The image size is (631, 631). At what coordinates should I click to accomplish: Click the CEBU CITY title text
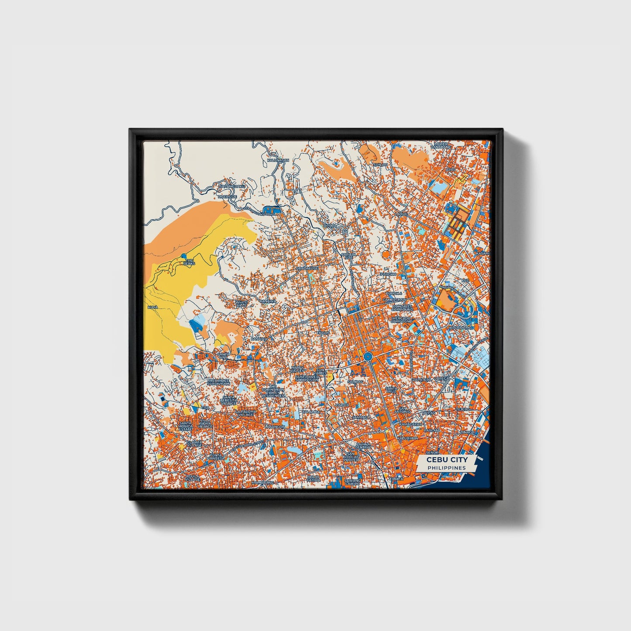pos(447,460)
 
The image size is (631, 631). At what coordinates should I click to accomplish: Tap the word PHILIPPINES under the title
pos(447,468)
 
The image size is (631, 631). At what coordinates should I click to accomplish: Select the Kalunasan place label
pos(278,160)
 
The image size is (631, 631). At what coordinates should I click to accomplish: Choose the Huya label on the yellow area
pos(152,307)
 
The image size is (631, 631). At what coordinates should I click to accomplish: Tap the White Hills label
pos(241,303)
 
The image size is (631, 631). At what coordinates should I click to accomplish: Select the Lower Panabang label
pos(441,145)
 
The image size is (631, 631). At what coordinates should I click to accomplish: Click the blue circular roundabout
pos(367,357)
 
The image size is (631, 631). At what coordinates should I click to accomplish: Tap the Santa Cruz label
pos(392,390)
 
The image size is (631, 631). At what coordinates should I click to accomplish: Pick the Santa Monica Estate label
pos(186,426)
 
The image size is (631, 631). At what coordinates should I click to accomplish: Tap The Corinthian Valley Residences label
pos(273,391)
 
